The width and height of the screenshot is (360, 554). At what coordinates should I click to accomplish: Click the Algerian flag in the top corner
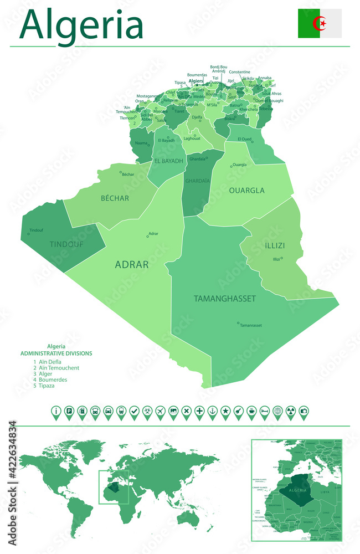[320, 23]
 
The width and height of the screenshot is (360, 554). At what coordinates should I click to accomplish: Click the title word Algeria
[82, 24]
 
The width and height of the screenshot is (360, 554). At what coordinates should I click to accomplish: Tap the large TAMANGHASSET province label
[225, 299]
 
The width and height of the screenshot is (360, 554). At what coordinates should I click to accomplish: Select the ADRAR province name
[131, 265]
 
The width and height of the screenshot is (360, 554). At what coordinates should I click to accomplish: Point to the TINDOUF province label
[66, 244]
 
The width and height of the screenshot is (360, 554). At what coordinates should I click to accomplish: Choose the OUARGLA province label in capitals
[246, 191]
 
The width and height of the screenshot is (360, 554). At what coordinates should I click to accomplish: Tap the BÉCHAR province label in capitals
[115, 198]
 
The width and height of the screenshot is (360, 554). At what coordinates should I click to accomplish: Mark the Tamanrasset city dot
[238, 323]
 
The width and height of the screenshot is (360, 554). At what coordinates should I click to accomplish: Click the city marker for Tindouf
[29, 234]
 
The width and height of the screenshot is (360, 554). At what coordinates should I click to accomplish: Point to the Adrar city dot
[148, 237]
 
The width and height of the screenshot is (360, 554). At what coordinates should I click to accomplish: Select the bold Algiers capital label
[196, 81]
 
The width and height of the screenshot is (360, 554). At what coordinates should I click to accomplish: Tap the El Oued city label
[244, 139]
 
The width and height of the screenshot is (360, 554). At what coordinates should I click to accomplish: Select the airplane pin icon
[160, 411]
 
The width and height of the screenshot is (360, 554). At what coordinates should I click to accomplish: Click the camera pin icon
[304, 411]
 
